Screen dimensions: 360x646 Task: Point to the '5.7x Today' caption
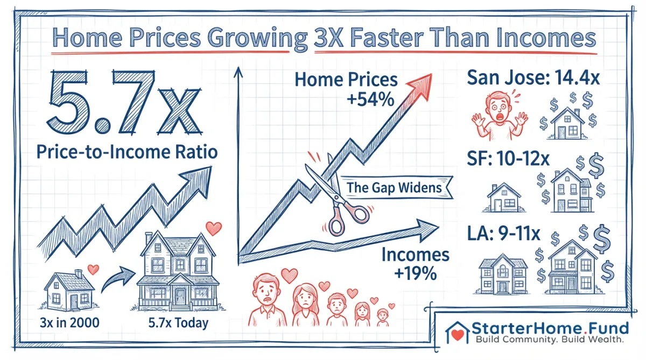[178, 324]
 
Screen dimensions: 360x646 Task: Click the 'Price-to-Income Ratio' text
[128, 152]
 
